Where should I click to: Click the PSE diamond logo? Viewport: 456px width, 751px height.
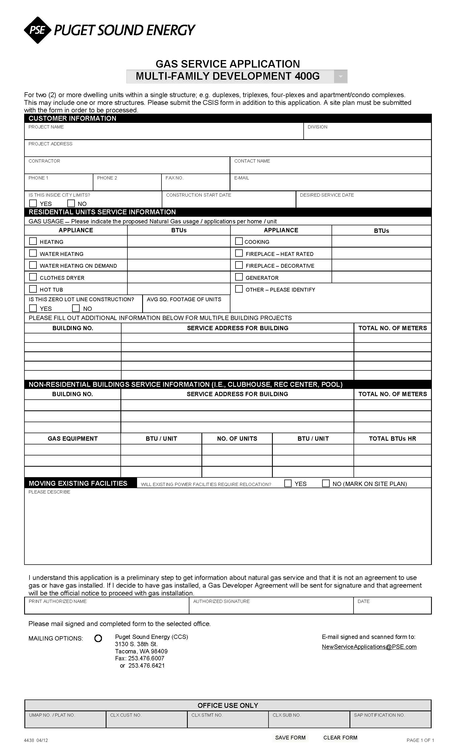[37, 30]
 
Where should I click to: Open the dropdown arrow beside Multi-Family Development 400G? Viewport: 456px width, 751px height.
[340, 76]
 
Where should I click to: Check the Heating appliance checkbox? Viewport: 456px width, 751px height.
[33, 241]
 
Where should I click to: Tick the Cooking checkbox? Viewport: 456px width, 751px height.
[239, 241]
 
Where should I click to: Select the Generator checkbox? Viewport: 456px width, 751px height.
[239, 277]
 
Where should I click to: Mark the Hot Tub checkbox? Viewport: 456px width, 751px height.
[33, 289]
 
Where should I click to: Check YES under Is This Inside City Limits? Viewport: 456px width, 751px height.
[33, 203]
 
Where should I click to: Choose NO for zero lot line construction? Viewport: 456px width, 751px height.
[76, 308]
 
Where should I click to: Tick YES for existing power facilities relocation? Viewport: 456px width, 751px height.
[288, 483]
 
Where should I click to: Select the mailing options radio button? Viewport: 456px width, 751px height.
[98, 638]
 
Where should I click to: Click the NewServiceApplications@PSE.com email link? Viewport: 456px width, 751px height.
[369, 647]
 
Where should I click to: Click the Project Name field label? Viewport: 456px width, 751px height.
[46, 127]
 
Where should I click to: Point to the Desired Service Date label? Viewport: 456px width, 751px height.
[327, 195]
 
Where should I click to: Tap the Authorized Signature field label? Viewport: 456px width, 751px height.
[221, 601]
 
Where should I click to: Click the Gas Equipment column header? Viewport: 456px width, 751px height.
[72, 439]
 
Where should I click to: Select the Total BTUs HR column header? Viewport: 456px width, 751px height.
[392, 439]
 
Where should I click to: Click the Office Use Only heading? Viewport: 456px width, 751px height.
[228, 705]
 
